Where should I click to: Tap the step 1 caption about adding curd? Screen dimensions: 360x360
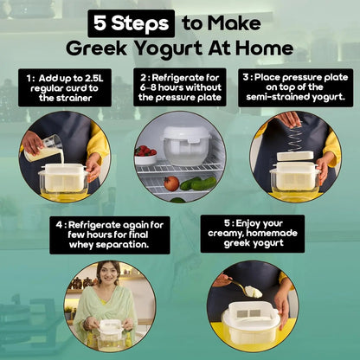point(63,89)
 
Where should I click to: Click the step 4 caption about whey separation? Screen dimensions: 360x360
point(108,234)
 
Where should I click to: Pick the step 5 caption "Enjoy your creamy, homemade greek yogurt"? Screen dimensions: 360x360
point(253,234)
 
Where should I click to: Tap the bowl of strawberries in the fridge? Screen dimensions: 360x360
point(145,153)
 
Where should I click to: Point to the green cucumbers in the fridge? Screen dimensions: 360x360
point(201,183)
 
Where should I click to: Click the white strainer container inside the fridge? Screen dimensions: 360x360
point(186,145)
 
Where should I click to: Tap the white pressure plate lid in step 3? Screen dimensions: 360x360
point(294,157)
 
